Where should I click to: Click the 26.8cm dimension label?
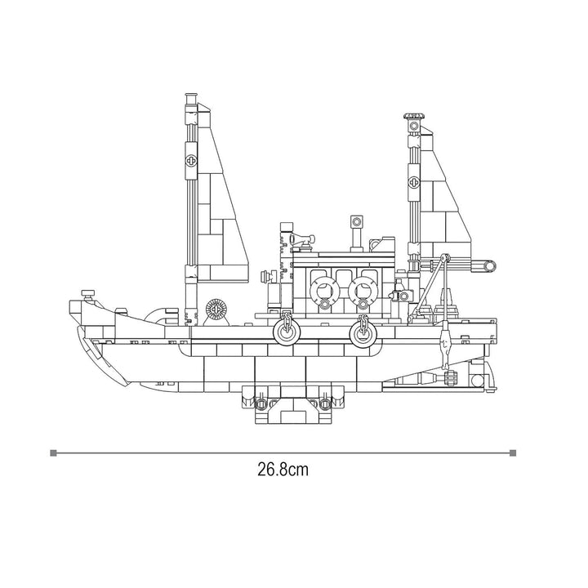tap(283, 469)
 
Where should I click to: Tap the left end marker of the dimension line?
tap(53, 453)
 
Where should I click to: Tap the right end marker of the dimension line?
tap(513, 453)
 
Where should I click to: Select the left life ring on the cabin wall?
tap(325, 291)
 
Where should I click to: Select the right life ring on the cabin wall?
tap(363, 291)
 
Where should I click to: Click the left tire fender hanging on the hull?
tap(287, 332)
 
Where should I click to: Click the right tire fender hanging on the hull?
tap(363, 332)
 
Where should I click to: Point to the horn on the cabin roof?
tap(302, 238)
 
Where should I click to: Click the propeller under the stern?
tap(450, 377)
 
